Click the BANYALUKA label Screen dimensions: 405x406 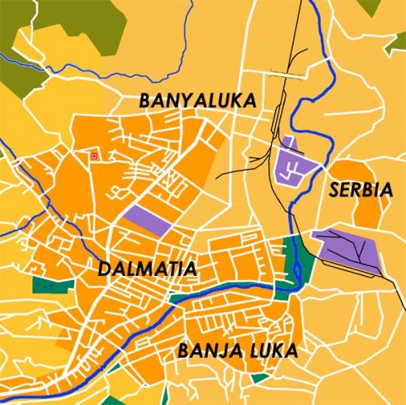click(197, 101)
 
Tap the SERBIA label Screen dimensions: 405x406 click(361, 192)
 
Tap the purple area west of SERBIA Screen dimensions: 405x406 click(294, 161)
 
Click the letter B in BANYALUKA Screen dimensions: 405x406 click(145, 101)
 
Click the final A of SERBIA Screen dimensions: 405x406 click(387, 192)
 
